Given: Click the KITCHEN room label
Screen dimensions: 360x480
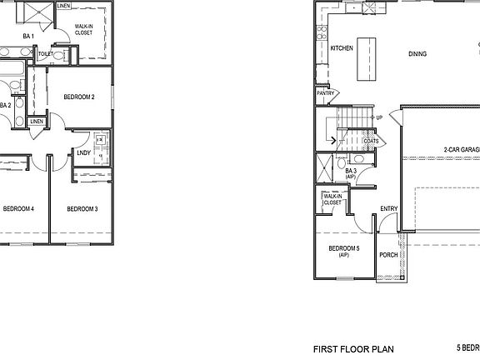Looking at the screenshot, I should pos(342,49).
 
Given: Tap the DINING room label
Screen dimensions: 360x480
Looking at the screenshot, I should pos(417,54).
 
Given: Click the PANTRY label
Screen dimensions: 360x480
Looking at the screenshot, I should pos(325,93).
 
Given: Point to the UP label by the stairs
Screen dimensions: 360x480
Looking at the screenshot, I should pos(379,117).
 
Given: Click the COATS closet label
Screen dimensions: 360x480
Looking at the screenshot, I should pos(371,141).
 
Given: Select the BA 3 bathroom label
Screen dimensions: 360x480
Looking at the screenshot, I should pos(351,172).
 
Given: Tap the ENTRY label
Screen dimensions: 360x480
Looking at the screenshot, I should pos(388,209).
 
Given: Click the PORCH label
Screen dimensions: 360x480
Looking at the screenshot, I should pos(388,255).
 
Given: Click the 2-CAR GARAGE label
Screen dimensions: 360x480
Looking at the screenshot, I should pos(461,149).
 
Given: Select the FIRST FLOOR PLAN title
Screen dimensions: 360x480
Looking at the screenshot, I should pos(352,349).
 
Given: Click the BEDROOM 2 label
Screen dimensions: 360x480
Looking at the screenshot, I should pos(79,97).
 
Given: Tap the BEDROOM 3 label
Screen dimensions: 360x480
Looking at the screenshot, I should pos(82,208).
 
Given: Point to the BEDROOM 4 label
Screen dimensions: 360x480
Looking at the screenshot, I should pos(17,208).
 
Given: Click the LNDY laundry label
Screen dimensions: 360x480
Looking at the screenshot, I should pos(83,152).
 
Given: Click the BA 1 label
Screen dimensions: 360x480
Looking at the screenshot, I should pos(28,36).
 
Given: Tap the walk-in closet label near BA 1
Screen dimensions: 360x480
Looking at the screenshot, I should pos(84,30).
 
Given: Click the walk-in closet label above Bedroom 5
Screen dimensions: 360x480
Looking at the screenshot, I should pos(332,199).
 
